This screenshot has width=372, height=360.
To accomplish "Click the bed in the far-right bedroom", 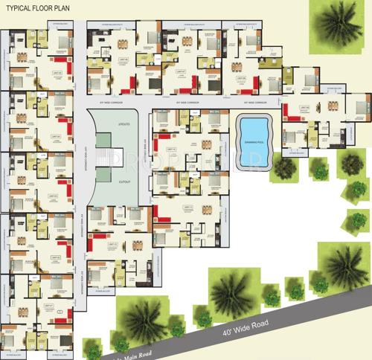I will point(362,104).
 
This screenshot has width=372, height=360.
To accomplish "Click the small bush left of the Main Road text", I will point(92,349).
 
